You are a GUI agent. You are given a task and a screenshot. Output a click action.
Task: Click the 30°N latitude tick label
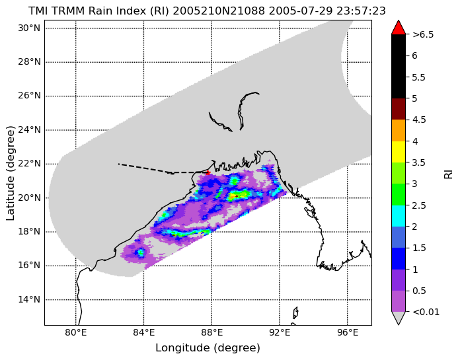29,28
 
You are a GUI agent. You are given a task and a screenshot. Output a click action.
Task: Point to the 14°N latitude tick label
29,300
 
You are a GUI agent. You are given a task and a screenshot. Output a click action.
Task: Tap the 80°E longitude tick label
76,333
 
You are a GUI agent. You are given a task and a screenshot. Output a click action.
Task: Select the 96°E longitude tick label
348,333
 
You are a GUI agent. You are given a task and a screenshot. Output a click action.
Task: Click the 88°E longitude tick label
211,333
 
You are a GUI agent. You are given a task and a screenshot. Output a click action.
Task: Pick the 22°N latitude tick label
29,164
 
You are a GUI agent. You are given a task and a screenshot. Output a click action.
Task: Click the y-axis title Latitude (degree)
10,173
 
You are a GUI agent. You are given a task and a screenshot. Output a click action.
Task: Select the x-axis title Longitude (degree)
208,348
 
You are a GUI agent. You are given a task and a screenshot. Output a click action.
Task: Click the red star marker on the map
208,172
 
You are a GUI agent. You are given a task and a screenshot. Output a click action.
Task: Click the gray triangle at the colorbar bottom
399,317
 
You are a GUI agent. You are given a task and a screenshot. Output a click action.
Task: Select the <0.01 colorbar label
426,312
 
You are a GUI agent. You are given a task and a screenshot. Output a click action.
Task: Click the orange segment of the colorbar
399,130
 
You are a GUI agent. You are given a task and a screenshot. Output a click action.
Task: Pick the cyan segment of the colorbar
399,216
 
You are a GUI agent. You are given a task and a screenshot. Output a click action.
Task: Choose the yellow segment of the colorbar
399,152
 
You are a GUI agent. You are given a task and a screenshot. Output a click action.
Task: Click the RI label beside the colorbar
449,173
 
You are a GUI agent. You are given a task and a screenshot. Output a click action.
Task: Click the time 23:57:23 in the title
361,11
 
